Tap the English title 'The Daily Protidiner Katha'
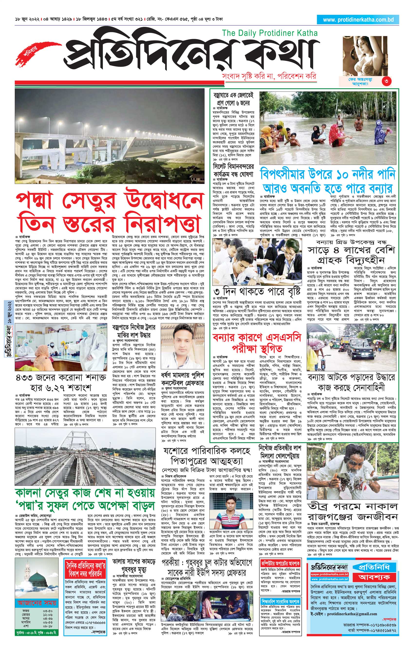[x=270, y=33]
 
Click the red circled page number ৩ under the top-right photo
[x=386, y=81]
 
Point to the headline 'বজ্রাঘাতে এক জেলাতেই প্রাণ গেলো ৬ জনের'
[x=233, y=99]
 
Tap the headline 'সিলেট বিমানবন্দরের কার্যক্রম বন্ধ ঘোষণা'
[x=233, y=169]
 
